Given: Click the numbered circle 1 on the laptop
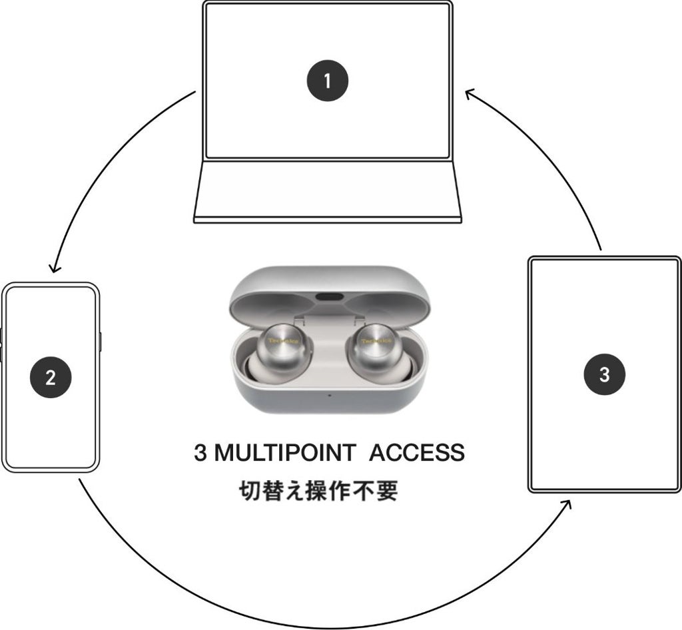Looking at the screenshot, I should [327, 81].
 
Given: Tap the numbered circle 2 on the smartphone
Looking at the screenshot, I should [51, 378].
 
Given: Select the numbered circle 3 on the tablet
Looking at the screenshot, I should [604, 374].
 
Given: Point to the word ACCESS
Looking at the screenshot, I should [417, 453].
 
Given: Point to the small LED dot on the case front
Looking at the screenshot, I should [328, 395].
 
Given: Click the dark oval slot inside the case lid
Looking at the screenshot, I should [330, 297].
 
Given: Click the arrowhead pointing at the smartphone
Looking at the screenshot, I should [54, 268].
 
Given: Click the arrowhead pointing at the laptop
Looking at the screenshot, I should [471, 94].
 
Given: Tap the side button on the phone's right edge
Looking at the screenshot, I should [100, 341].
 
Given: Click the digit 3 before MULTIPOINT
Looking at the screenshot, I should [200, 453].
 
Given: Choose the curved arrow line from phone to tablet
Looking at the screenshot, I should [320, 623].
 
